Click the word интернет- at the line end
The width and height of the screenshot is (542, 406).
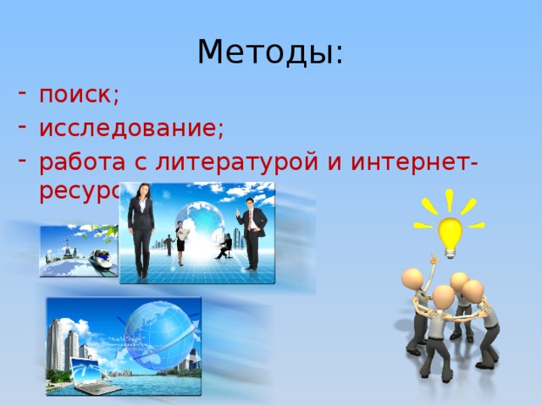tap(421, 161)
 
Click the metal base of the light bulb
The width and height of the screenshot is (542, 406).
tap(449, 251)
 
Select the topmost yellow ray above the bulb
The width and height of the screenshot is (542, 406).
tap(450, 199)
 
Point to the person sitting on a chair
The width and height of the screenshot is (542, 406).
tap(225, 245)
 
